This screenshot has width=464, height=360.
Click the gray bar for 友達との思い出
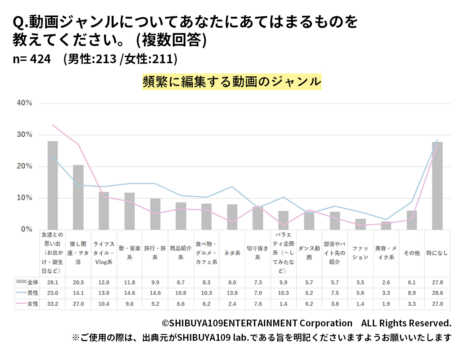coord(52,185)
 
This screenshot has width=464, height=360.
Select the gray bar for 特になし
coord(437,186)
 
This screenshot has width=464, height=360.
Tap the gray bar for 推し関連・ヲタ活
coord(78,197)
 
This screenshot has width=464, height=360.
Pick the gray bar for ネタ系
coord(232,217)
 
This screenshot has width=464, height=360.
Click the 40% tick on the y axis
coord(24,103)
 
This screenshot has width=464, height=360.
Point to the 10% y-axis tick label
coord(24,198)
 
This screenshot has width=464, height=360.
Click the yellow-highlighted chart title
coord(232,82)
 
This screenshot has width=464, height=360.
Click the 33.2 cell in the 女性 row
coord(52,304)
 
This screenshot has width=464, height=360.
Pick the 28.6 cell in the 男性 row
coord(437,293)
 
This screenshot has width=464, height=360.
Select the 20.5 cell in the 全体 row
coord(78,282)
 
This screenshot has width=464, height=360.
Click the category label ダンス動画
coord(309,253)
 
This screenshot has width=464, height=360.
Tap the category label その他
coord(412,253)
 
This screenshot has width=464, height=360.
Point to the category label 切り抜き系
coord(258,253)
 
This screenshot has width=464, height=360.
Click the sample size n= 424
coord(32,59)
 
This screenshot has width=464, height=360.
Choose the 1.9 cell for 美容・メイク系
coord(386,304)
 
